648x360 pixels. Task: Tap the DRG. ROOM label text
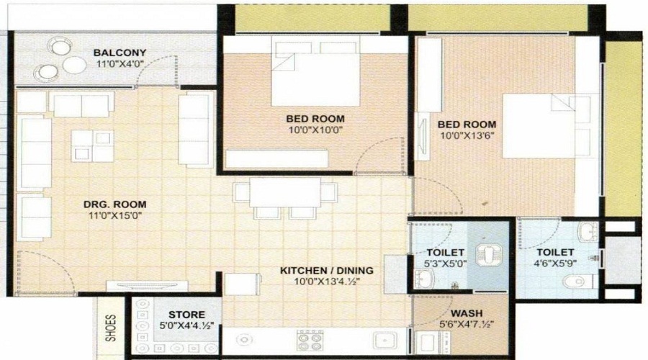point(109,204)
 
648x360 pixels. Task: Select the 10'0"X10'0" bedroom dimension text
point(315,130)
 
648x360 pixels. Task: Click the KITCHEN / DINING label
point(327,271)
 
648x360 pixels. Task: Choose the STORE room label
point(186,315)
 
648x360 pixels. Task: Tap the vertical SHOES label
point(110,328)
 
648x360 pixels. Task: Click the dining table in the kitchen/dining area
point(285,193)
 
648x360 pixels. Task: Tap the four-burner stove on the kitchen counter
point(310,341)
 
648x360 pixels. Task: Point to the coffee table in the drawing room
point(93,146)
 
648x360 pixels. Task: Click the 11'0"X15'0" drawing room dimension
point(109,215)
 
